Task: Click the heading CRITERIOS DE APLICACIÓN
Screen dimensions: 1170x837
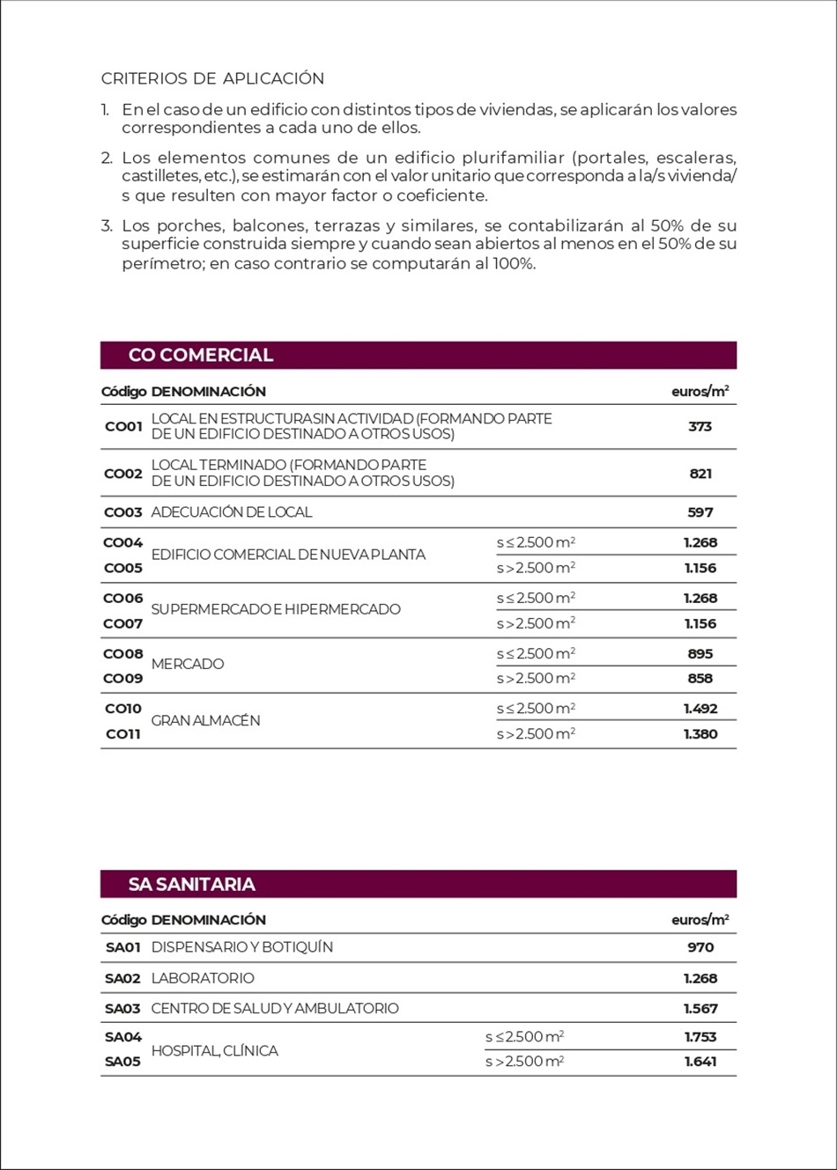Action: coord(212,78)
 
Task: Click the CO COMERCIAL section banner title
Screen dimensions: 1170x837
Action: coord(201,355)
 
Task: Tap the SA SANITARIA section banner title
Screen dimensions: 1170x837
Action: coord(192,884)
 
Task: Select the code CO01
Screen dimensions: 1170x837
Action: coord(123,426)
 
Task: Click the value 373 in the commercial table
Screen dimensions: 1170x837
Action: coord(700,426)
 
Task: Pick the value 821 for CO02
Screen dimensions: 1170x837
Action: coord(700,474)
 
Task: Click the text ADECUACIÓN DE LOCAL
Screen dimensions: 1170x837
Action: coord(232,512)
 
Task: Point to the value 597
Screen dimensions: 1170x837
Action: coord(700,512)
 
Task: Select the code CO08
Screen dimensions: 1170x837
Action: coord(123,653)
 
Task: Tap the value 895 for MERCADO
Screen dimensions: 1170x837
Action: coord(700,653)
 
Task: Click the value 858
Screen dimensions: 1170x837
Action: coord(700,678)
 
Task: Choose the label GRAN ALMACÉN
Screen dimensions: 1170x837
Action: coord(205,720)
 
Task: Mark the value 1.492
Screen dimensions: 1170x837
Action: coord(700,708)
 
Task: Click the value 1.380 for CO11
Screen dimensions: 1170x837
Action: coord(700,733)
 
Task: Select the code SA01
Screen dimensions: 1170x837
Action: coord(123,947)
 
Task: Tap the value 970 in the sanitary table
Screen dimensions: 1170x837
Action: coord(700,947)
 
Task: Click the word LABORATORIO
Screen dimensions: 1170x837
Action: coord(203,978)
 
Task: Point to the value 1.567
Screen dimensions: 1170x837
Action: coord(700,1008)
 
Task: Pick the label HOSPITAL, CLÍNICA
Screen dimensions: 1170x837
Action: coord(214,1050)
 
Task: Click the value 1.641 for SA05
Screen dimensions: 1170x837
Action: coord(700,1061)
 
